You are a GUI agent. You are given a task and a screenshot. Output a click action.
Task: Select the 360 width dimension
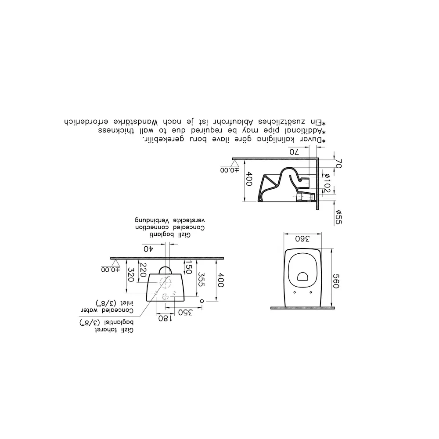click(x=302, y=239)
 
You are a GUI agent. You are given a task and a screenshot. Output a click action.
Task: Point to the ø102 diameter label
click(x=327, y=183)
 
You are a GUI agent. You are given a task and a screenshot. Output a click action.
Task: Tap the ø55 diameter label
click(x=338, y=217)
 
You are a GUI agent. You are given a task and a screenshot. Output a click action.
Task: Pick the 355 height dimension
click(x=201, y=279)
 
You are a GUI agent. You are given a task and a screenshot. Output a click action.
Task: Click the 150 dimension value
click(x=189, y=267)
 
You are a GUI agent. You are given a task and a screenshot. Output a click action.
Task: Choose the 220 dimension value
click(x=143, y=270)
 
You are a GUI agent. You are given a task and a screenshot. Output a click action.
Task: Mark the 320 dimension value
click(x=130, y=275)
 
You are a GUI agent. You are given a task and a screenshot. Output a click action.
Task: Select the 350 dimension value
click(x=185, y=312)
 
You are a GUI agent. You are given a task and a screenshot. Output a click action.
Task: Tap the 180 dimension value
click(x=165, y=318)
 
